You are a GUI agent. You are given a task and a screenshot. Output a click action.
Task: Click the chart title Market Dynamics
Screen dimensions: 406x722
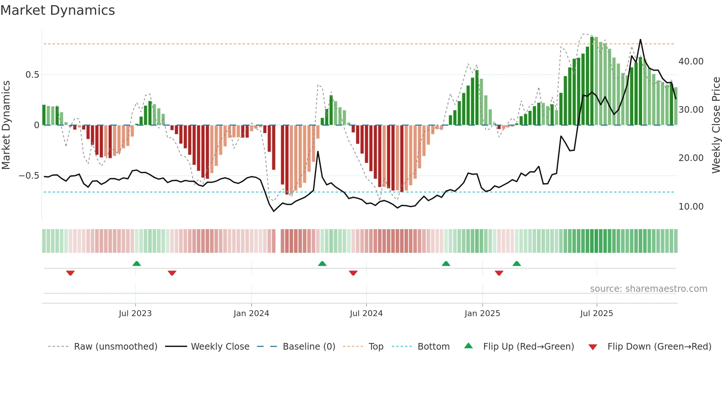58,10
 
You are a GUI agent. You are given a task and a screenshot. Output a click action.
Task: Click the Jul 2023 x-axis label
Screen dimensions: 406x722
135,314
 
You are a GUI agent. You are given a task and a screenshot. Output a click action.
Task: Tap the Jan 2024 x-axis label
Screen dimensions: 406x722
251,314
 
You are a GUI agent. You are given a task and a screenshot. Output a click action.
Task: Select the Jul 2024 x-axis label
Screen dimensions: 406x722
366,314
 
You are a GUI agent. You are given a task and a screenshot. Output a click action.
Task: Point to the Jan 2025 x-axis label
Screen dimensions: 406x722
482,314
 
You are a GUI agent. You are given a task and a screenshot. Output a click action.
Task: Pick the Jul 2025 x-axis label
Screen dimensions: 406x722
596,314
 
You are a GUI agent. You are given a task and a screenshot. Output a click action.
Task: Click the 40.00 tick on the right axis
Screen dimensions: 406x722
691,62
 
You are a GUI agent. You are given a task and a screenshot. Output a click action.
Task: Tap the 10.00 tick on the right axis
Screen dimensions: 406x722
691,207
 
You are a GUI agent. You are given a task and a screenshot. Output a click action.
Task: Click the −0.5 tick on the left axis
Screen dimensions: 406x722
29,176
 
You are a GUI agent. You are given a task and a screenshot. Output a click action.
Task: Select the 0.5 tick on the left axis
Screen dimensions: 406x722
32,75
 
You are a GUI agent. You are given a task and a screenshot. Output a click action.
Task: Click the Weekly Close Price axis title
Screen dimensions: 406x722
716,125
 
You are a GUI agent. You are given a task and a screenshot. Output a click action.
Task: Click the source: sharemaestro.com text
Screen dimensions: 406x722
648,289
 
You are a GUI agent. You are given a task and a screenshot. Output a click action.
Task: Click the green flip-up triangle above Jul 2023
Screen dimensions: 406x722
137,264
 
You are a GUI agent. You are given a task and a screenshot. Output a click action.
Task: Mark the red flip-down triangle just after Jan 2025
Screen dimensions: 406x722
499,273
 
